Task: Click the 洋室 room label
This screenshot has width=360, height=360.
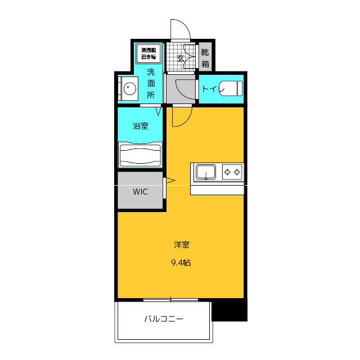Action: (x=181, y=245)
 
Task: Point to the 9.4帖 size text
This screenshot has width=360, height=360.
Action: (x=181, y=262)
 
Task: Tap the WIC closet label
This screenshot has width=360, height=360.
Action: (x=140, y=192)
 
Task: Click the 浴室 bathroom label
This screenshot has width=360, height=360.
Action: (x=141, y=126)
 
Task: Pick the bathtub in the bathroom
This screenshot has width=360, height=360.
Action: (x=140, y=155)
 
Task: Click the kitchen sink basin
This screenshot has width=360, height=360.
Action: (x=206, y=172)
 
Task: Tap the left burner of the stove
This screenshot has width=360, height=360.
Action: (x=228, y=171)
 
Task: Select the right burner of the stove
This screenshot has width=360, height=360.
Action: (x=238, y=171)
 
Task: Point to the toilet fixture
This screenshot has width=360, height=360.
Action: (x=231, y=88)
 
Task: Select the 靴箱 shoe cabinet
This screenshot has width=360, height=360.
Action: (x=205, y=58)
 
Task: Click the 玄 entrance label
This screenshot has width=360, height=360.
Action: (x=181, y=58)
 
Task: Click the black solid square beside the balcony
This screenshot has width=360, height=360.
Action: (x=229, y=310)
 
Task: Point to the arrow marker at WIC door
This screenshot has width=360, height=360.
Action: (x=169, y=181)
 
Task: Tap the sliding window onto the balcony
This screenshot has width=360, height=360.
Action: (x=170, y=299)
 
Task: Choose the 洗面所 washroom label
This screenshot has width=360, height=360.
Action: (x=151, y=83)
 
